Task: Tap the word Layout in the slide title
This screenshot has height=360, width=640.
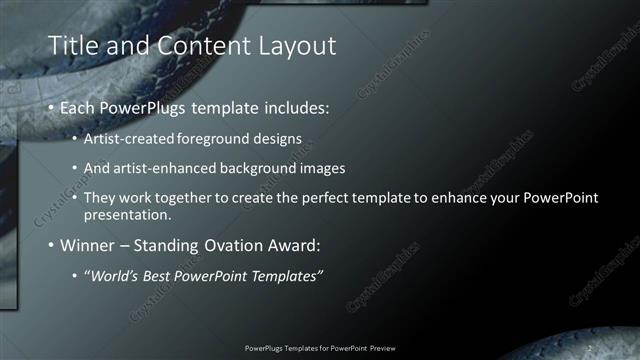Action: pos(290,46)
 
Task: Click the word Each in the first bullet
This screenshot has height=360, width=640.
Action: pos(79,107)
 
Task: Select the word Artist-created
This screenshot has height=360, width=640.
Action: pos(127,138)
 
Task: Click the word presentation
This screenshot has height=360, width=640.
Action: pos(127,214)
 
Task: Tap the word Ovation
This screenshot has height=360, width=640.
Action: pos(238,245)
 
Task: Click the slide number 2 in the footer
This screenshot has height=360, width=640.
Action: pos(589,347)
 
